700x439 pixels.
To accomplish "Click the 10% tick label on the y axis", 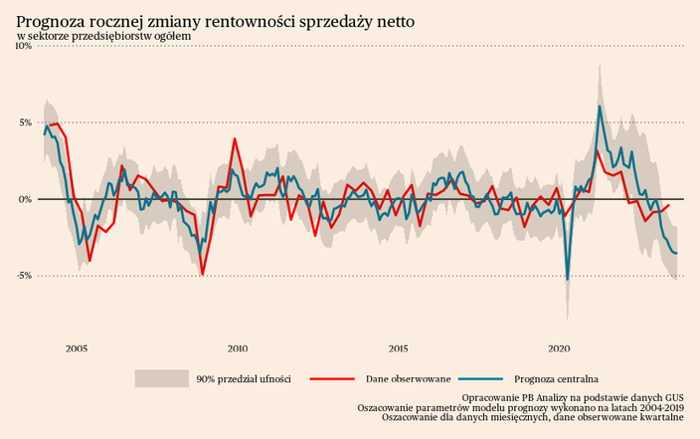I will coord(22,46).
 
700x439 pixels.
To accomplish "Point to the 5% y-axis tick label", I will coord(25,122).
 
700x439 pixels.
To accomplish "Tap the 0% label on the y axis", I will coord(25,199).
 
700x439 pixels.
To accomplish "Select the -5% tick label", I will coord(23,276).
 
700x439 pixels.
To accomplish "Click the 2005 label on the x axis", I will coord(76,348).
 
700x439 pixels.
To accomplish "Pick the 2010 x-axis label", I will coord(237,348).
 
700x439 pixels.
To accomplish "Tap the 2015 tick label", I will coord(398,348).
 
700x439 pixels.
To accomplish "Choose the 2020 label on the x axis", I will coord(559,348).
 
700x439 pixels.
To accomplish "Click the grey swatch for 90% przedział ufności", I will coord(161,378).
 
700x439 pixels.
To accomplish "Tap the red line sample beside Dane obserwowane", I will coord(332,378).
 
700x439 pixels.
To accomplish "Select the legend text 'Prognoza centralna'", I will coord(556,378).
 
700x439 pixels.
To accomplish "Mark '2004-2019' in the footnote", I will coord(658,407).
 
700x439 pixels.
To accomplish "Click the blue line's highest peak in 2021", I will coord(600,106).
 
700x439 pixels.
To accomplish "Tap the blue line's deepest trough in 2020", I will coord(568,280).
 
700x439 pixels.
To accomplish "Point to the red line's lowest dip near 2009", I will coord(202,274).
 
